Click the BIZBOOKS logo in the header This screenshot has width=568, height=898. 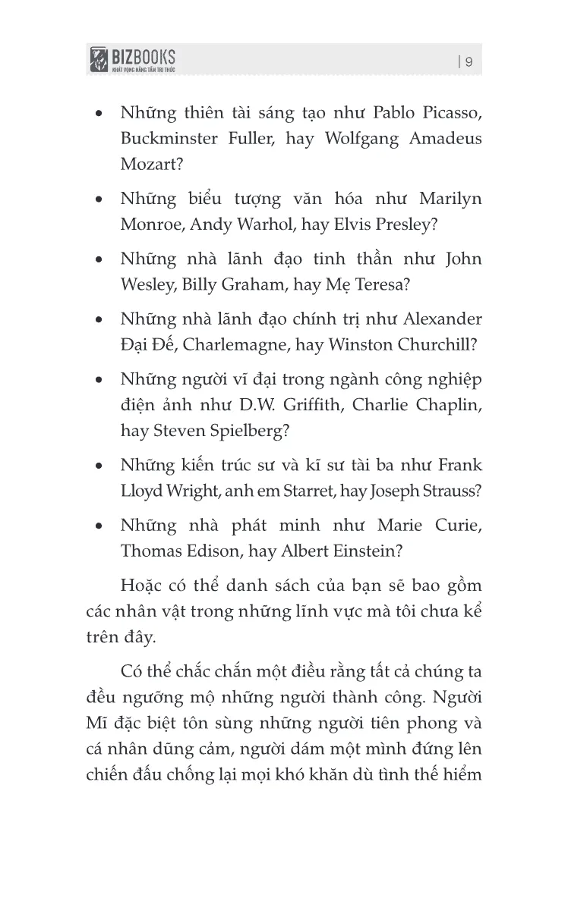point(133,58)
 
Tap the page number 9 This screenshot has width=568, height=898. point(469,62)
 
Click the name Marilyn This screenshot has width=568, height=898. point(450,199)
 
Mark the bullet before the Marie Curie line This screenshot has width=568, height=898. point(99,526)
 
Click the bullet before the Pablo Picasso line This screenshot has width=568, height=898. point(99,115)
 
